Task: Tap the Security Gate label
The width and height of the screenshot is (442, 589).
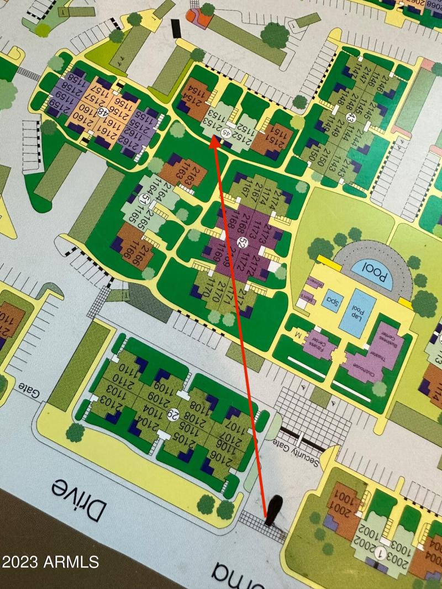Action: [x=296, y=451]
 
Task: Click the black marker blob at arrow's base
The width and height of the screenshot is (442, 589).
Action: [x=273, y=510]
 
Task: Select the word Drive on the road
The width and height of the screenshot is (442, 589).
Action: [x=78, y=500]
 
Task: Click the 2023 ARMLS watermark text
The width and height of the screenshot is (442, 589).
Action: [x=50, y=562]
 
